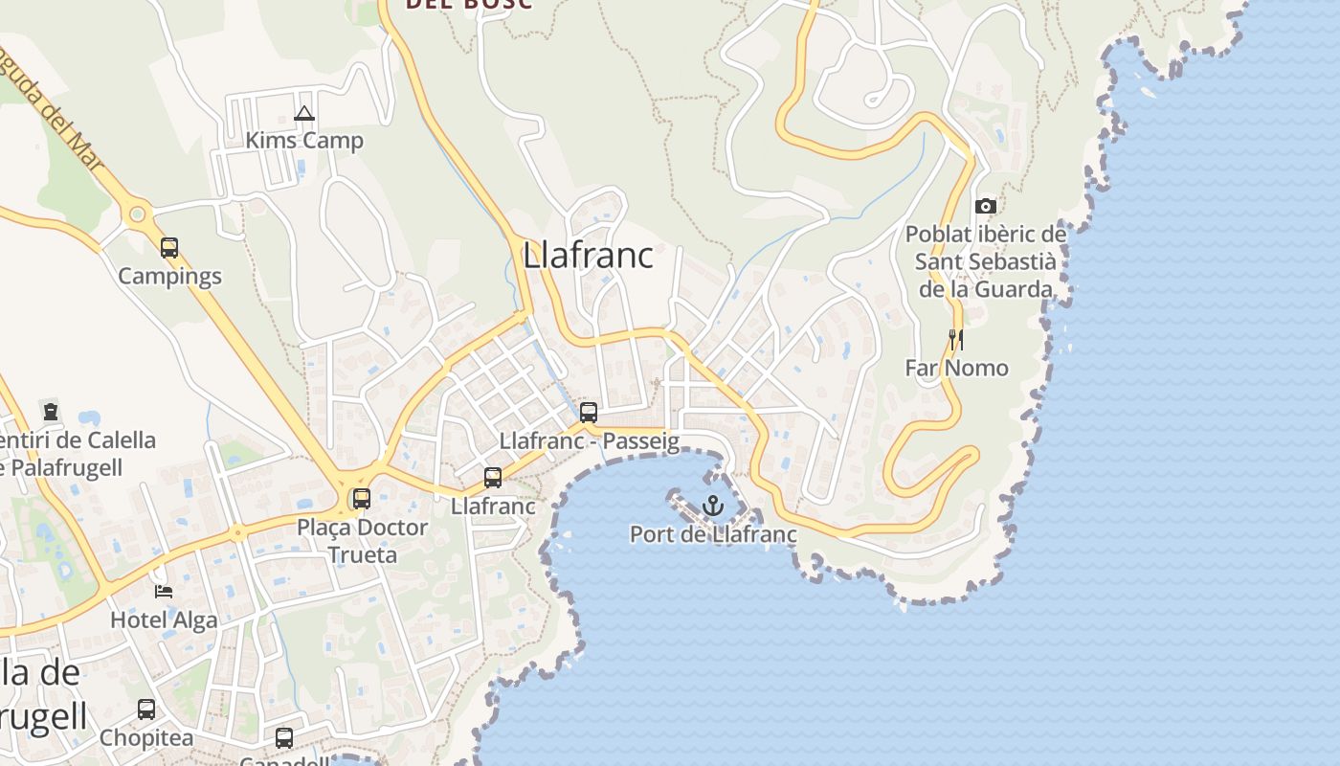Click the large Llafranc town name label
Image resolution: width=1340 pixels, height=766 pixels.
click(x=588, y=256)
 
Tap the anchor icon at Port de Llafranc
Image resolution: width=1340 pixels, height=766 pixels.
click(x=712, y=505)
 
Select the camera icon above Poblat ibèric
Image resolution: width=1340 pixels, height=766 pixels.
click(x=985, y=206)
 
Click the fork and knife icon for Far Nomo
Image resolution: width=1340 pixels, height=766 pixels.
click(x=955, y=340)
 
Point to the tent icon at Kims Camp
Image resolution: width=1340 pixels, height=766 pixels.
click(x=304, y=114)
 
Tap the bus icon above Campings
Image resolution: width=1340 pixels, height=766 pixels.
click(x=169, y=248)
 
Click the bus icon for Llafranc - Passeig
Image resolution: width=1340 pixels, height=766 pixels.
click(x=589, y=413)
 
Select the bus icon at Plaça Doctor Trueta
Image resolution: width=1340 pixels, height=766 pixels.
click(x=362, y=498)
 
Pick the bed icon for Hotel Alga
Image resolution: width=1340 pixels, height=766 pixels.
click(x=164, y=591)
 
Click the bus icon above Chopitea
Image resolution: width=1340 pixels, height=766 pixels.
click(x=146, y=710)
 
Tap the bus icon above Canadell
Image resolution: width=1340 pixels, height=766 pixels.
click(x=284, y=737)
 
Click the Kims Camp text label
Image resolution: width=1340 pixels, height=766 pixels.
click(x=304, y=141)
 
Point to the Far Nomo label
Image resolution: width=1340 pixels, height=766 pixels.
click(x=956, y=368)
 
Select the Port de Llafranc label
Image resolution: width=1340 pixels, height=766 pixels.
click(x=713, y=534)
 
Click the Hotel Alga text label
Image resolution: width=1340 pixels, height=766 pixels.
click(x=164, y=620)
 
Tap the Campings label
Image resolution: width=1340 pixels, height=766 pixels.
click(x=169, y=277)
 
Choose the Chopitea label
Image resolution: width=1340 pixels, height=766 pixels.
click(x=146, y=738)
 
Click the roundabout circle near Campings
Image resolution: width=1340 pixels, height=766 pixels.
click(x=138, y=214)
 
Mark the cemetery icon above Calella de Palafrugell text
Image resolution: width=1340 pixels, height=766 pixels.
click(x=50, y=412)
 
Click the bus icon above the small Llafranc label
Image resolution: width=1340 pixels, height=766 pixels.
click(x=493, y=477)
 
